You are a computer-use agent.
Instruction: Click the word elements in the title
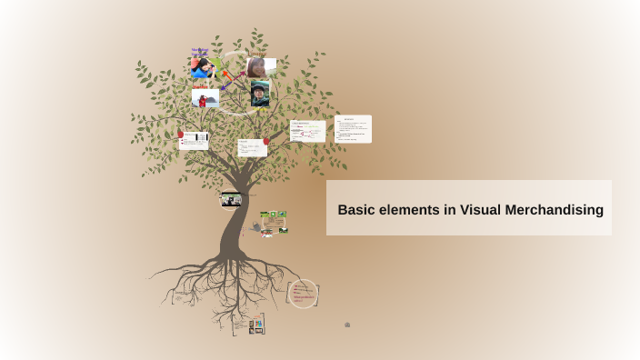click(409, 210)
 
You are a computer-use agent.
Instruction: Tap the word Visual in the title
click(482, 210)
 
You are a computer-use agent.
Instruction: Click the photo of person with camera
click(202, 68)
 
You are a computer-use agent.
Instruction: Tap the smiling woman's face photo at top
click(260, 66)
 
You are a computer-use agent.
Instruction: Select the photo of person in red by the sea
click(205, 98)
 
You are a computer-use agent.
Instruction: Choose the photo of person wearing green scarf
click(260, 95)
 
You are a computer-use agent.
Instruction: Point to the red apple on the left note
click(181, 135)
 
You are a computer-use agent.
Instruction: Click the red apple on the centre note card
click(265, 141)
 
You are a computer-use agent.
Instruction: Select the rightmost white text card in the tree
click(353, 128)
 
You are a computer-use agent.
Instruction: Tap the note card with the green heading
click(307, 131)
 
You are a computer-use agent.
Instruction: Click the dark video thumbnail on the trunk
click(231, 200)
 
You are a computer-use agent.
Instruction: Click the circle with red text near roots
click(303, 293)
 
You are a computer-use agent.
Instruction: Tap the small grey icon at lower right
click(347, 325)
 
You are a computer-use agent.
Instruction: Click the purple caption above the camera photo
click(200, 51)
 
